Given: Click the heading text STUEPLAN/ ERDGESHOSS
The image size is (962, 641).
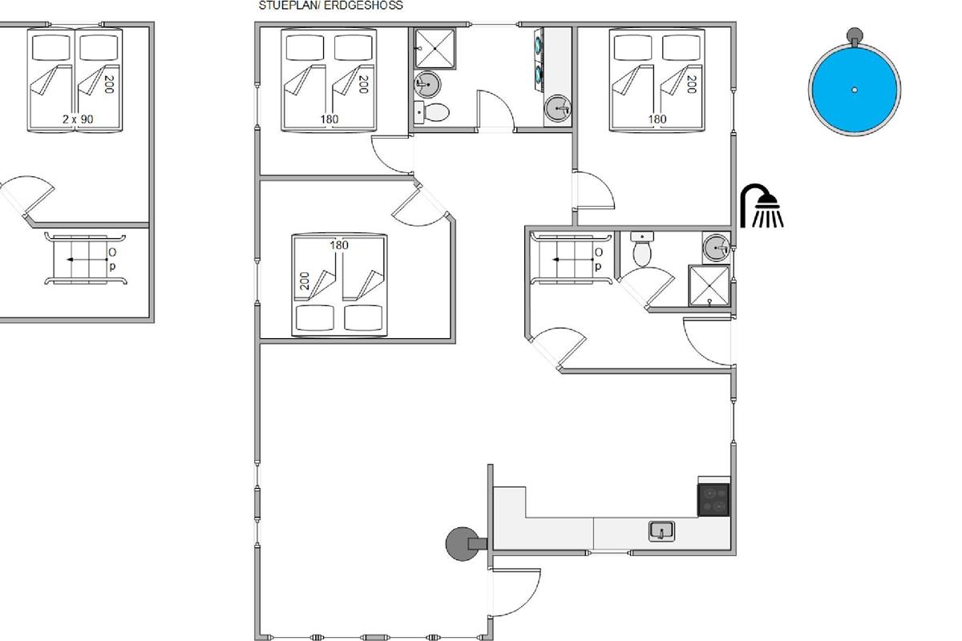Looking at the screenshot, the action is click(330, 6).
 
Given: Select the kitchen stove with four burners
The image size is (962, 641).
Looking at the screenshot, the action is click(713, 499).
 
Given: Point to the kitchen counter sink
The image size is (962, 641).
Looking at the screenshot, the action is click(661, 531).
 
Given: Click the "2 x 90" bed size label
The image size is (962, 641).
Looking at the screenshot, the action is click(78, 119).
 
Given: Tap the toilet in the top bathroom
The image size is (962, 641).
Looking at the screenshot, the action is click(432, 112).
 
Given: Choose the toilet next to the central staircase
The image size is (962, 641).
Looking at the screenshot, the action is click(642, 249).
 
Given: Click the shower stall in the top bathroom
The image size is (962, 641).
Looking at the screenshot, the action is click(435, 49).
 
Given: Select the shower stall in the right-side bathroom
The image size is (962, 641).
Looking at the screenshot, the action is click(709, 285).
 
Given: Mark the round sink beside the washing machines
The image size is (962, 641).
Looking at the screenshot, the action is click(558, 108).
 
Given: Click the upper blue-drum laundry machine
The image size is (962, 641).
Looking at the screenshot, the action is click(539, 45).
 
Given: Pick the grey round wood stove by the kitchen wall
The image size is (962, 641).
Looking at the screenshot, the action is click(463, 544).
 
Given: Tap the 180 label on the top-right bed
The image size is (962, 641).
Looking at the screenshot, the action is click(657, 119).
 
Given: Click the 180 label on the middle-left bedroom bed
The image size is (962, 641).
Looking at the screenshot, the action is click(339, 245).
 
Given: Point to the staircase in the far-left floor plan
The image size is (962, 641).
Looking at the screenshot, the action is click(86, 260).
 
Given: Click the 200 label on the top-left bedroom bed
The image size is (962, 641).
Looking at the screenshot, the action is click(363, 84).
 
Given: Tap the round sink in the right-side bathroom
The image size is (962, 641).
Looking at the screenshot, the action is click(716, 248).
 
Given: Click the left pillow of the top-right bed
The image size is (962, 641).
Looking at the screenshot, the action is click(633, 47).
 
